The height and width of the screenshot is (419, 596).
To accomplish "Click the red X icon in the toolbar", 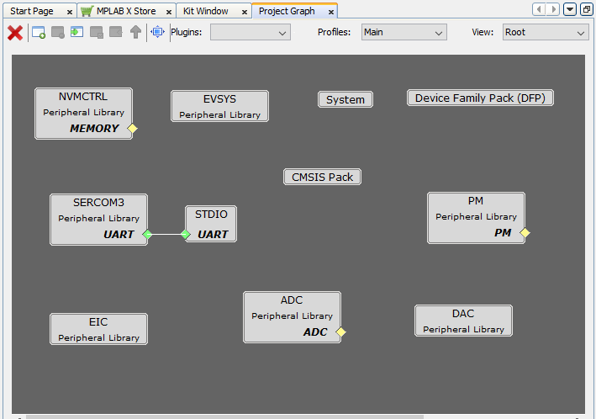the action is click(15, 33).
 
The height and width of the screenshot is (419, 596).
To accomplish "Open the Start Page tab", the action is click(32, 12).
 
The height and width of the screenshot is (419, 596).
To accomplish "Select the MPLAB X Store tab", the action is click(126, 12).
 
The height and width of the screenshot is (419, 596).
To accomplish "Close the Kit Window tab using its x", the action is click(245, 12).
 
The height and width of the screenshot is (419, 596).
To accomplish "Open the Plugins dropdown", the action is click(251, 32).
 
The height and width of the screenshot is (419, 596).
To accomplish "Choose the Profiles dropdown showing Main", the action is click(404, 32).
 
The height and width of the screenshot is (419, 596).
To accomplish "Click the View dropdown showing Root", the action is click(546, 32).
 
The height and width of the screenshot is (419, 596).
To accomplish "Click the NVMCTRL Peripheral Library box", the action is click(83, 114).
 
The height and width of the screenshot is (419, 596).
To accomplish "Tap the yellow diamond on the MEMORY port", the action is click(132, 129).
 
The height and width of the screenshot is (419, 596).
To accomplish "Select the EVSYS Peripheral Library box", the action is click(219, 106).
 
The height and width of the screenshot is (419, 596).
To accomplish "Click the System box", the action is click(345, 99).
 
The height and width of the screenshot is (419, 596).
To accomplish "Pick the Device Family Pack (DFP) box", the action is click(480, 98).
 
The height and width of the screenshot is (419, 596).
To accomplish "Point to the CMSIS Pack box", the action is click(322, 177).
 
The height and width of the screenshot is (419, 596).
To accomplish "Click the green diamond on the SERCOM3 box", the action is click(147, 235).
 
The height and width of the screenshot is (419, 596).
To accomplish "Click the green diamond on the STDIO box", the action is click(186, 235).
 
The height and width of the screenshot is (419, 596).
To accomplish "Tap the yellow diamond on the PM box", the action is click(525, 232).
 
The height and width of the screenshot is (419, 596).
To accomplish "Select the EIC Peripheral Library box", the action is click(99, 329).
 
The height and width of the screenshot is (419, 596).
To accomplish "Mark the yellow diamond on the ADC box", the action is click(341, 332).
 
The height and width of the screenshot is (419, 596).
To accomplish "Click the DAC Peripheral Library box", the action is click(463, 321).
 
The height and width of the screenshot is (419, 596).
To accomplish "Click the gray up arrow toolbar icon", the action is click(135, 32).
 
